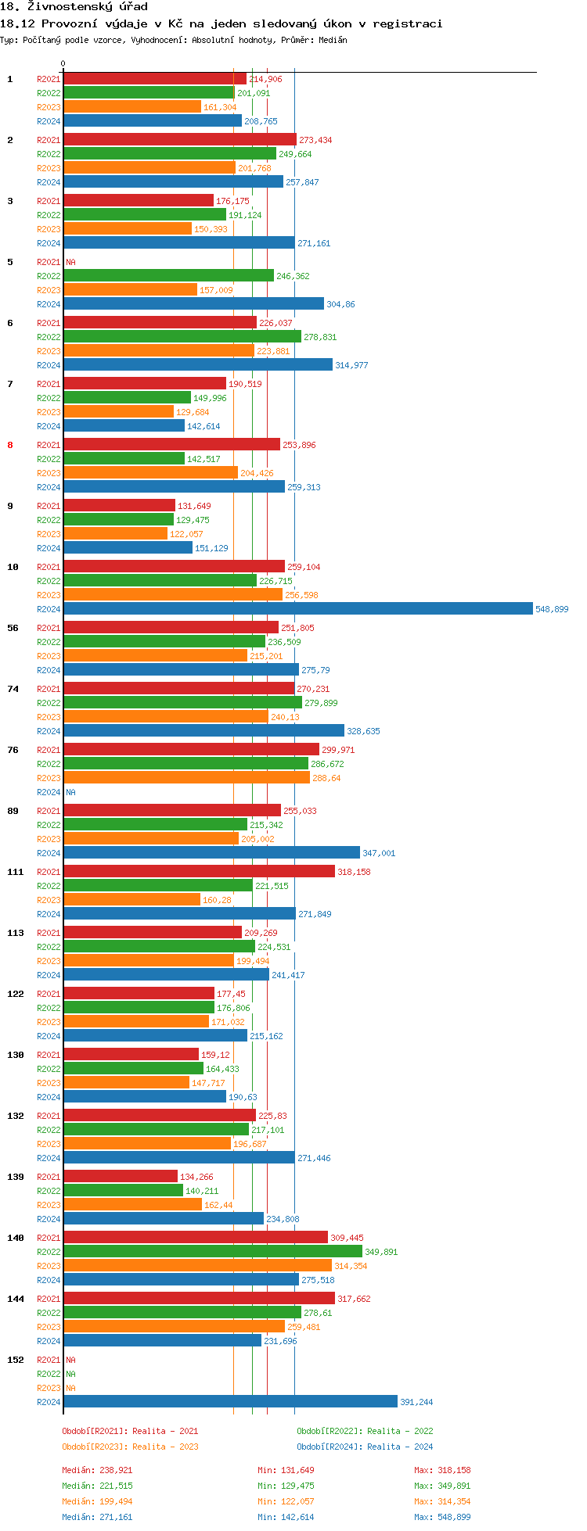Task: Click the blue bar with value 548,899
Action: pyautogui.click(x=297, y=608)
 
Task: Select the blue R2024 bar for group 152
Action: pyautogui.click(x=230, y=1401)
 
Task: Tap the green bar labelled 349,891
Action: pyautogui.click(x=212, y=1251)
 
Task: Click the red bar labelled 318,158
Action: pyautogui.click(x=199, y=871)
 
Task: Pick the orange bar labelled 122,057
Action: pyautogui.click(x=115, y=533)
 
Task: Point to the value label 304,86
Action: pyautogui.click(x=340, y=304)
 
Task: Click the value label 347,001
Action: pyautogui.click(x=379, y=853)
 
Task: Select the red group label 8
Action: pyautogui.click(x=10, y=445)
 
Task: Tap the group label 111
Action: pyautogui.click(x=16, y=872)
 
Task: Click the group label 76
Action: pyautogui.click(x=13, y=750)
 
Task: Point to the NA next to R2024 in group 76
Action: pyautogui.click(x=70, y=792)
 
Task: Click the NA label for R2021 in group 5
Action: pyautogui.click(x=70, y=262)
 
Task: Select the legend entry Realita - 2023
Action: pyautogui.click(x=130, y=1447)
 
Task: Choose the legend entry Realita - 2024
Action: pyautogui.click(x=365, y=1447)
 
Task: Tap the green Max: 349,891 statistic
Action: pyautogui.click(x=442, y=1486)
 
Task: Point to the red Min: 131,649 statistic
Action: pyautogui.click(x=286, y=1470)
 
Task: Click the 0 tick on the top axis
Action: pyautogui.click(x=63, y=64)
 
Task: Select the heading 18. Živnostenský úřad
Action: pyautogui.click(x=74, y=7)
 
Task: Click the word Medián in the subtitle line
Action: pyautogui.click(x=333, y=40)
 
